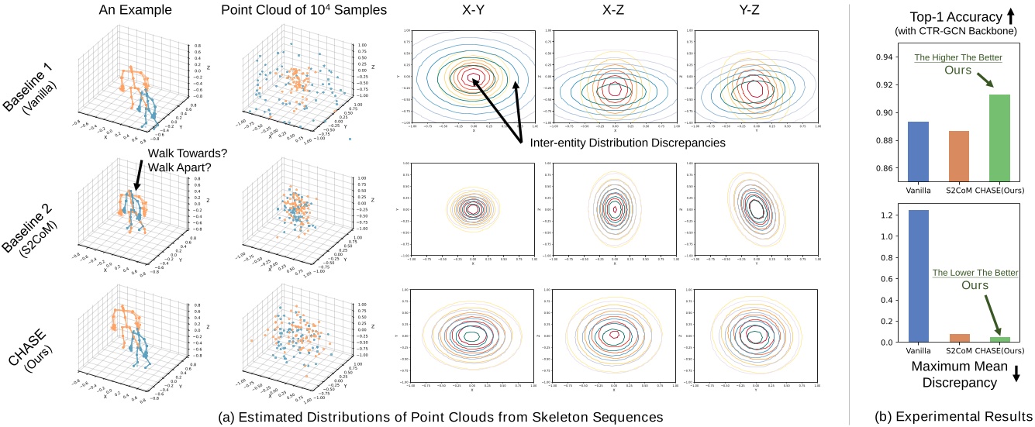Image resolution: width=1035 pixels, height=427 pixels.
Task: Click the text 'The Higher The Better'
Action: click(958, 57)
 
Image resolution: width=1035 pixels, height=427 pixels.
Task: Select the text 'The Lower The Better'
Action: click(975, 273)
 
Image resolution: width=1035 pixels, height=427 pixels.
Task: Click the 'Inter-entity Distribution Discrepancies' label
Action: click(629, 144)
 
